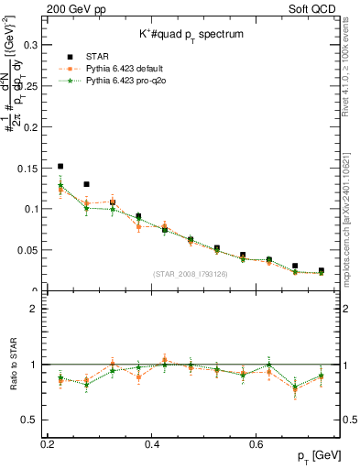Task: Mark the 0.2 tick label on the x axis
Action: point(48,444)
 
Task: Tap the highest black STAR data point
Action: point(60,167)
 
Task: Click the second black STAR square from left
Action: point(86,184)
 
